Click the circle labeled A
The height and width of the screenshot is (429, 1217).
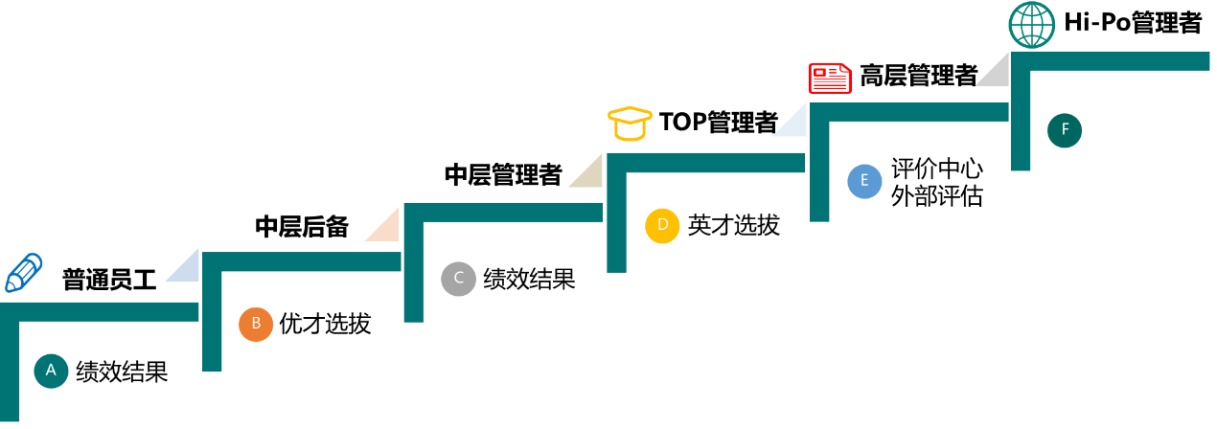tap(51, 371)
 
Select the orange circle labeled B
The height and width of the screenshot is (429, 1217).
tap(256, 324)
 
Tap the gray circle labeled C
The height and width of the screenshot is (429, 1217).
tap(458, 279)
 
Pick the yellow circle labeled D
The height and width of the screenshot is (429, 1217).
tap(662, 226)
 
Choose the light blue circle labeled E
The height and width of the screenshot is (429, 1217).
tap(864, 181)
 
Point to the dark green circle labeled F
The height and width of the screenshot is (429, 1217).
tap(1065, 130)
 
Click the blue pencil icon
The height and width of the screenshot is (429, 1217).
tap(24, 273)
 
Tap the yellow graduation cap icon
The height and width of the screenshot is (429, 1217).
tap(630, 124)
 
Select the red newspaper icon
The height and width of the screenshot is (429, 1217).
tap(830, 78)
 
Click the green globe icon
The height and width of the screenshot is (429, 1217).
tap(1032, 25)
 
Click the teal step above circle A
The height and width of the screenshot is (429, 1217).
tap(105, 311)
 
